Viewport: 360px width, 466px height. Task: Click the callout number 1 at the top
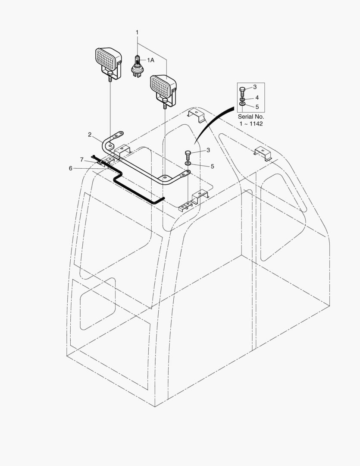click(x=137, y=32)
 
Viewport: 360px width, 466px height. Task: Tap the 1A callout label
click(x=150, y=60)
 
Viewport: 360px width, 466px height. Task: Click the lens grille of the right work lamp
click(x=160, y=86)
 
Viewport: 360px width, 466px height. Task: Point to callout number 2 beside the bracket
click(x=90, y=135)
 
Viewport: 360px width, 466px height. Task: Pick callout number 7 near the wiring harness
click(x=81, y=160)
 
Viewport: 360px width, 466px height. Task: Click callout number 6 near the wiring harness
click(x=70, y=169)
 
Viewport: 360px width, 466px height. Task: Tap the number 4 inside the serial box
click(x=257, y=98)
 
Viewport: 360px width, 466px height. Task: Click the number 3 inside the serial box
click(x=255, y=87)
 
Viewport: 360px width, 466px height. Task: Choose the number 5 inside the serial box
click(x=257, y=107)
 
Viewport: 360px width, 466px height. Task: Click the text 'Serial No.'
click(x=250, y=117)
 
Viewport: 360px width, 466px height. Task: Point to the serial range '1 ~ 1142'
click(x=251, y=124)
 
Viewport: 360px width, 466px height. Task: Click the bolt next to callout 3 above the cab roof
click(x=188, y=155)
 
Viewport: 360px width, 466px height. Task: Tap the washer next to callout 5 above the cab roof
click(x=188, y=164)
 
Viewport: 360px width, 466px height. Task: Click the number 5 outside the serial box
click(x=213, y=167)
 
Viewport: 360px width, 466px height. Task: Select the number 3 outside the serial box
click(x=208, y=150)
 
